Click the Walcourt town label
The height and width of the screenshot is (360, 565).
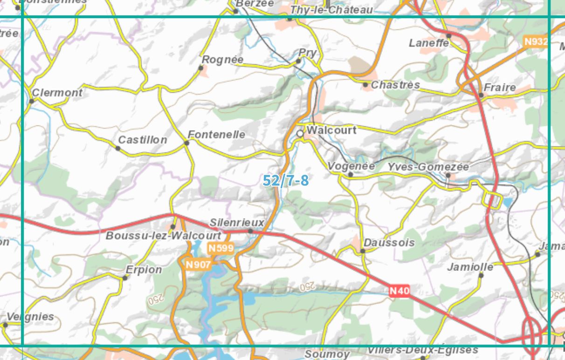pyautogui.click(x=332, y=130)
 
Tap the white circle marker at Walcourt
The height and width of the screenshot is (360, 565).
pyautogui.click(x=300, y=134)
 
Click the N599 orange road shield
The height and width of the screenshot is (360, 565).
pyautogui.click(x=220, y=248)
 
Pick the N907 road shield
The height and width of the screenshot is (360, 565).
pyautogui.click(x=198, y=264)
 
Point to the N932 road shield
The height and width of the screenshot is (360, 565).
pyautogui.click(x=535, y=42)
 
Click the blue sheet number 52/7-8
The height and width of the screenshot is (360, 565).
pyautogui.click(x=285, y=180)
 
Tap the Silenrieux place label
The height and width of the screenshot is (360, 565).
pyautogui.click(x=237, y=222)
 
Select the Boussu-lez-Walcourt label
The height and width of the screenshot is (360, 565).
pyautogui.click(x=163, y=235)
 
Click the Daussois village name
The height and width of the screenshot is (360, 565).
pyautogui.click(x=389, y=242)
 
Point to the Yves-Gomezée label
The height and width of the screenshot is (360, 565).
pyautogui.click(x=428, y=166)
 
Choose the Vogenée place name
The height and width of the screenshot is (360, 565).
pyautogui.click(x=351, y=166)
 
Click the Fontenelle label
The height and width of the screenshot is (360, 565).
pyautogui.click(x=216, y=134)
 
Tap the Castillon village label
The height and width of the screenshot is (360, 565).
pyautogui.click(x=142, y=139)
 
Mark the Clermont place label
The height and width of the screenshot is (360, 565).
pyautogui.click(x=57, y=92)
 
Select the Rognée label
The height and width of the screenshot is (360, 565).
pyautogui.click(x=222, y=60)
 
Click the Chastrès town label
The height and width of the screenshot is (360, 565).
pyautogui.click(x=395, y=85)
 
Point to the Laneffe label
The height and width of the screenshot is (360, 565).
pyautogui.click(x=429, y=43)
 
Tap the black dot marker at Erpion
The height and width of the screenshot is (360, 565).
pyautogui.click(x=125, y=278)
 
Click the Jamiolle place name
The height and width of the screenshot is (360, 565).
pyautogui.click(x=470, y=267)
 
